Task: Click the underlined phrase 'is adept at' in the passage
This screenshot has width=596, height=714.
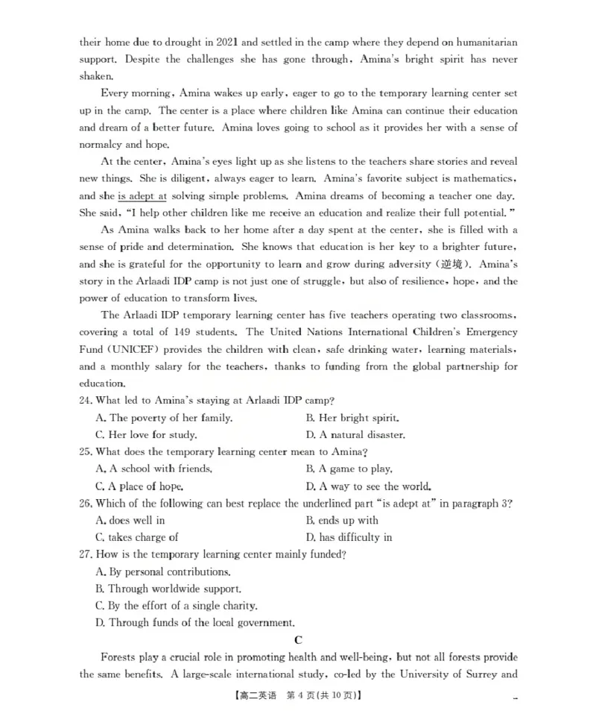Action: (x=142, y=195)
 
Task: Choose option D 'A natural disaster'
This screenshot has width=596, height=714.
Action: (x=355, y=435)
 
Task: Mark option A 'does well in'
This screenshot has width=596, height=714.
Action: (x=130, y=521)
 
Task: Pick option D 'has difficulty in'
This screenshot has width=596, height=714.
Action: (x=349, y=537)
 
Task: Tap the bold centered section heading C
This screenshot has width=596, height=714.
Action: (x=298, y=640)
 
